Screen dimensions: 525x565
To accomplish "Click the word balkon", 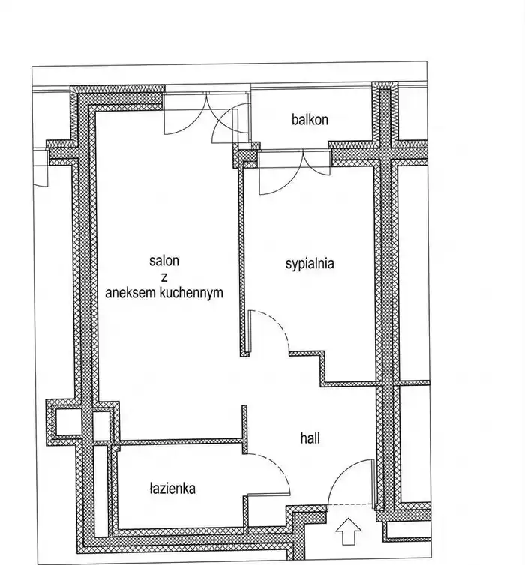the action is pyautogui.click(x=310, y=120).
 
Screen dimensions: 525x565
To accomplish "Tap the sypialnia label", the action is pyautogui.click(x=310, y=264).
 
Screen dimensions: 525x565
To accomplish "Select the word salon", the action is pyautogui.click(x=164, y=261).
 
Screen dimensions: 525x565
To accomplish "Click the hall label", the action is pyautogui.click(x=310, y=438).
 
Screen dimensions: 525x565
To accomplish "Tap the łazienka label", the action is pyautogui.click(x=172, y=489).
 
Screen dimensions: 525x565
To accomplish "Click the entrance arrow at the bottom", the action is pyautogui.click(x=348, y=531).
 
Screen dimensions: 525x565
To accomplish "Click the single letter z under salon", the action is pyautogui.click(x=164, y=277).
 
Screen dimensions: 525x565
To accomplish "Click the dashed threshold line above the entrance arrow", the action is pyautogui.click(x=349, y=504).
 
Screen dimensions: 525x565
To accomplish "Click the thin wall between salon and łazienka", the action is pyautogui.click(x=180, y=441).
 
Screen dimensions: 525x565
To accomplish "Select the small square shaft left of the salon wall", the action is pyautogui.click(x=66, y=420).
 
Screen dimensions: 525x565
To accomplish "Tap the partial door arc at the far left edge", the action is pyautogui.click(x=40, y=177).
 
